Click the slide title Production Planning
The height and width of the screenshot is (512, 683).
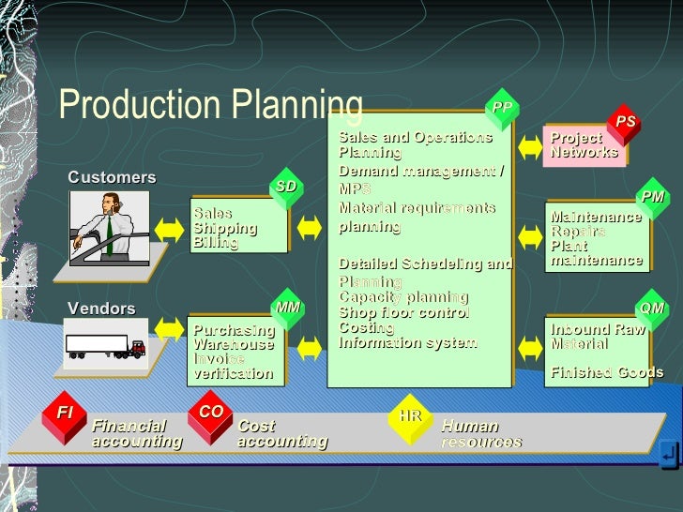(x=210, y=105)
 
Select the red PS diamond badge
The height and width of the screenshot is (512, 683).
(x=626, y=122)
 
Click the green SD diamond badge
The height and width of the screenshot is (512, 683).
(x=286, y=187)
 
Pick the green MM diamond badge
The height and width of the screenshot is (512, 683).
(x=287, y=307)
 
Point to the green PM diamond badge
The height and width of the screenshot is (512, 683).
(x=653, y=197)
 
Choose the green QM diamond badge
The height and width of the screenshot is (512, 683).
(x=651, y=308)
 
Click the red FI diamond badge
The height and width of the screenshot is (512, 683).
(x=65, y=413)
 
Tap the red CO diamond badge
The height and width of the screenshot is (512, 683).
(x=211, y=413)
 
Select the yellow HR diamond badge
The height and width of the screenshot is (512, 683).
(x=410, y=415)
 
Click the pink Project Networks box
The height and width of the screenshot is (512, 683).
(x=584, y=145)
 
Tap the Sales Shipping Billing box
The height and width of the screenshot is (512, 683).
(x=238, y=228)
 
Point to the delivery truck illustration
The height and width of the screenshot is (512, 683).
(x=105, y=346)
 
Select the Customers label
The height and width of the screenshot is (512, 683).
(x=112, y=177)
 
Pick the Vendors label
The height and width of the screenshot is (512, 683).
(x=101, y=309)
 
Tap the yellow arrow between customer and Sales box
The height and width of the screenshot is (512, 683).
(x=170, y=228)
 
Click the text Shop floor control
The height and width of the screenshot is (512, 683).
(x=403, y=312)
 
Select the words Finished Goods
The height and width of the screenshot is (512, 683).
(x=606, y=372)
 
